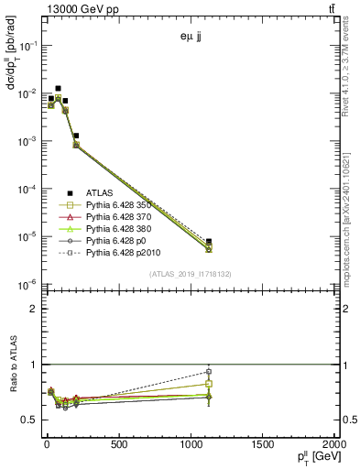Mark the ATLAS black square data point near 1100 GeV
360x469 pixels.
[209, 242]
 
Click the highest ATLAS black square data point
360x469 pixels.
[59, 89]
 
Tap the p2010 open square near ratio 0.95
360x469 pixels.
[209, 371]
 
